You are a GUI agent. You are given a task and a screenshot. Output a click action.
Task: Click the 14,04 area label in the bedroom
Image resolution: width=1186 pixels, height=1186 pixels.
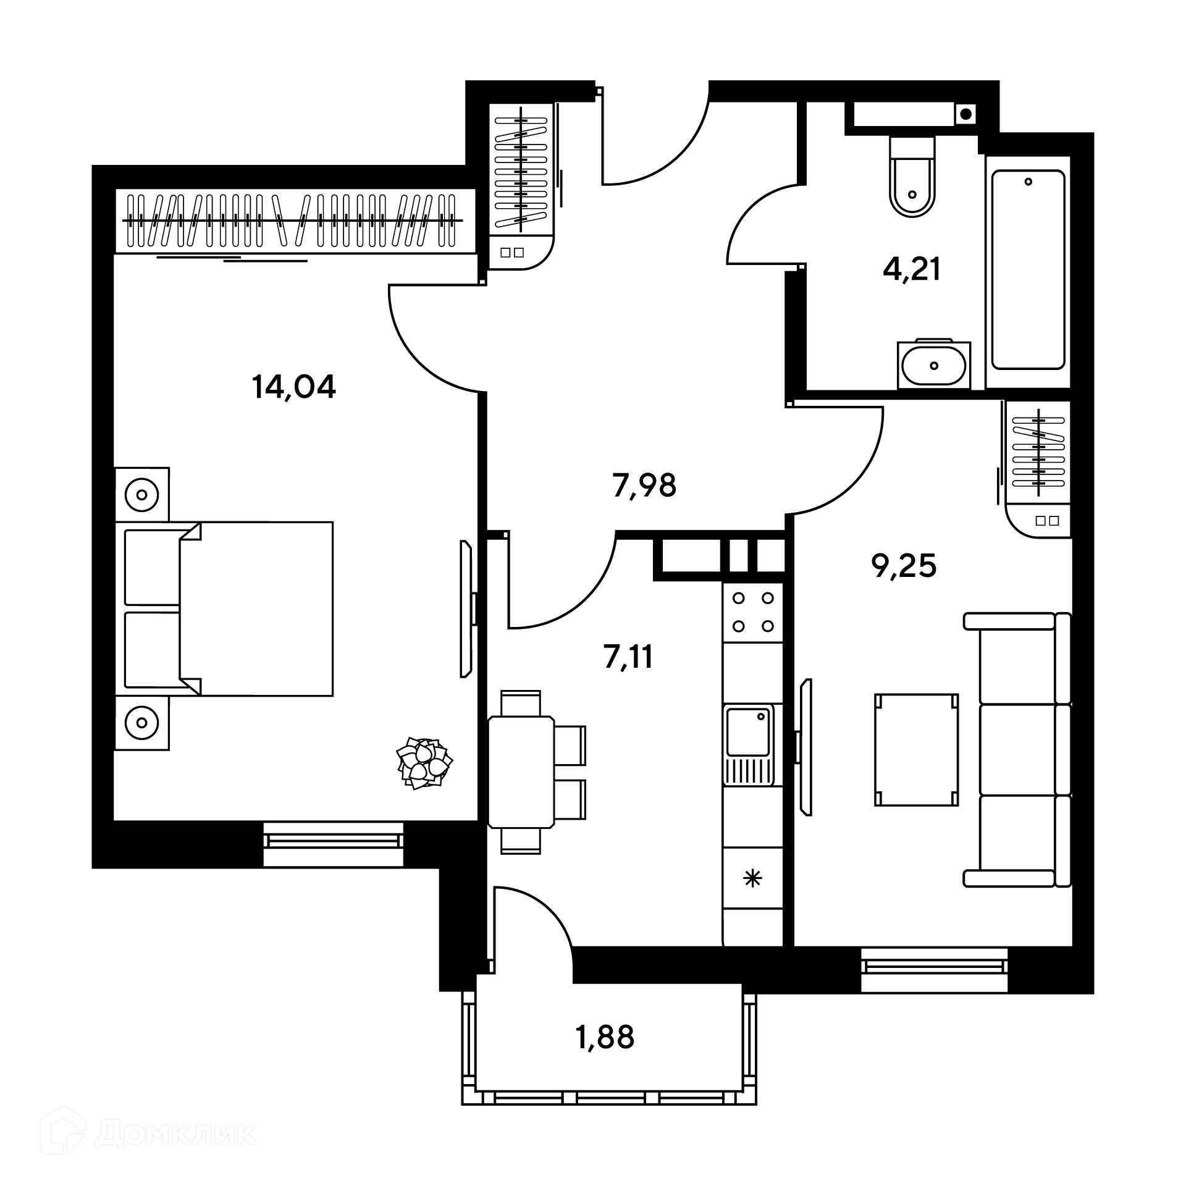[293, 387]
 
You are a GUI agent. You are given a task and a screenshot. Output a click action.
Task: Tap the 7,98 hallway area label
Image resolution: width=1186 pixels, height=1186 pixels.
[644, 486]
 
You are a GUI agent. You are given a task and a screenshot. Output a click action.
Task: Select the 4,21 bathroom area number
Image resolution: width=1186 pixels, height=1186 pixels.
[912, 270]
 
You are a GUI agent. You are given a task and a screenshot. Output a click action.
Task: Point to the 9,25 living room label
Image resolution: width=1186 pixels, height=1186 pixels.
[904, 566]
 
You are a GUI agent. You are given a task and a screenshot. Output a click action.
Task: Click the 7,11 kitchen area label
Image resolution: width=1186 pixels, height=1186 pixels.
[628, 657]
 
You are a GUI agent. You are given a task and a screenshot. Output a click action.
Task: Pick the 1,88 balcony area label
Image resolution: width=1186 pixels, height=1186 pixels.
[605, 1037]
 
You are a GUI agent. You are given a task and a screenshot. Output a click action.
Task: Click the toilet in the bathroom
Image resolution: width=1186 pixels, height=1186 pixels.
[912, 177]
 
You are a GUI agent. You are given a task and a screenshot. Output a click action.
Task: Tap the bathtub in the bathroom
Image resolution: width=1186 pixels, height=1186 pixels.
[1028, 270]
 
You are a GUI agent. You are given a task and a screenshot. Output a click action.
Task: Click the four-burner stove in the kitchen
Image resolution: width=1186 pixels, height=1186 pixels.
[753, 612]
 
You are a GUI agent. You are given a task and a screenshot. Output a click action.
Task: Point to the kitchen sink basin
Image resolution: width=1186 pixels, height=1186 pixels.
[749, 733]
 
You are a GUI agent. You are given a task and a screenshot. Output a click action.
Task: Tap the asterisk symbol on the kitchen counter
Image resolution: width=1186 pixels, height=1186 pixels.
[752, 878]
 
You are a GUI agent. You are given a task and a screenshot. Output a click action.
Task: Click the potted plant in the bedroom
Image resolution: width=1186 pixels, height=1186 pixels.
[424, 763]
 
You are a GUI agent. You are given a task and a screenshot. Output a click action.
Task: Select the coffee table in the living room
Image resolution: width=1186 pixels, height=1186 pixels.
[917, 750]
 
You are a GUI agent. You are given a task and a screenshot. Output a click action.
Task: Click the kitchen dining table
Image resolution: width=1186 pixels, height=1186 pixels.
[521, 772]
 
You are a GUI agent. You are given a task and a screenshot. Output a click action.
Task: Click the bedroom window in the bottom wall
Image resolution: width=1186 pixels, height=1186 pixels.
[334, 844]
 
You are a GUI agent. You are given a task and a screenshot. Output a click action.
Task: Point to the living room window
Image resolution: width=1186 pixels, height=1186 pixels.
[934, 969]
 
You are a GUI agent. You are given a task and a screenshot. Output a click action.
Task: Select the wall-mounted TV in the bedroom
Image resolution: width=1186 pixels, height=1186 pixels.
[467, 609]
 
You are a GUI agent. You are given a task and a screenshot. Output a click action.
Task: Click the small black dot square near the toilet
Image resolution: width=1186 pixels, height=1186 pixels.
[965, 113]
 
